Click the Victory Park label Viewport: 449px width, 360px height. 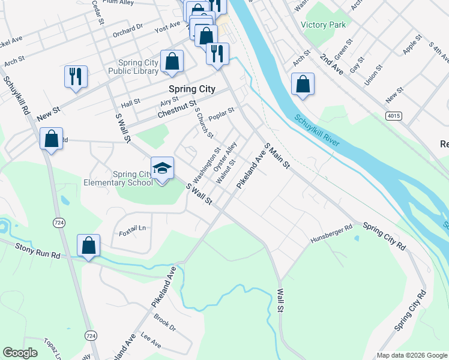tap(323, 25)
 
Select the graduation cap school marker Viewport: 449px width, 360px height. tap(162, 169)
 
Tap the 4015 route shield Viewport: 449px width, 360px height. tap(394, 116)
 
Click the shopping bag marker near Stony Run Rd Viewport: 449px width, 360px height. tap(89, 245)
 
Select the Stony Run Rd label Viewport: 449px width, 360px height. tap(38, 247)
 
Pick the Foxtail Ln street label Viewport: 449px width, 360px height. tap(133, 228)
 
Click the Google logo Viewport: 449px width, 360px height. tap(20, 353)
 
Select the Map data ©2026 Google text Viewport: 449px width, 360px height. tap(411, 355)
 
